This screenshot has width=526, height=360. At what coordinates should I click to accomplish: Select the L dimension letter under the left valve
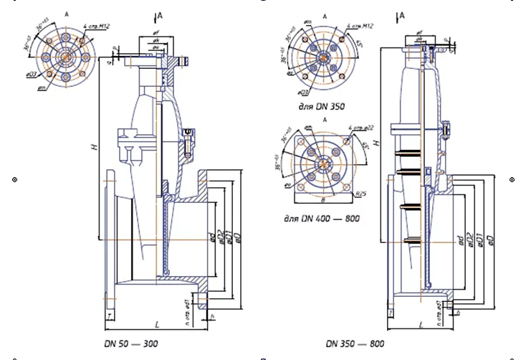[157, 326]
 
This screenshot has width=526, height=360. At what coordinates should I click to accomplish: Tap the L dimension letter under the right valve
[421, 326]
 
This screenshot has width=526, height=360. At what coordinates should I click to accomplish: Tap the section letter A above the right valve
[402, 14]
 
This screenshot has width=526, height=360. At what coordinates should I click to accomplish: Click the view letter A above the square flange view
[325, 119]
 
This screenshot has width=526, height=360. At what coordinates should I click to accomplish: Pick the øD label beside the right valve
[491, 239]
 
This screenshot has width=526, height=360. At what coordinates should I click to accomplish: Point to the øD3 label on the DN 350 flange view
[304, 92]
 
